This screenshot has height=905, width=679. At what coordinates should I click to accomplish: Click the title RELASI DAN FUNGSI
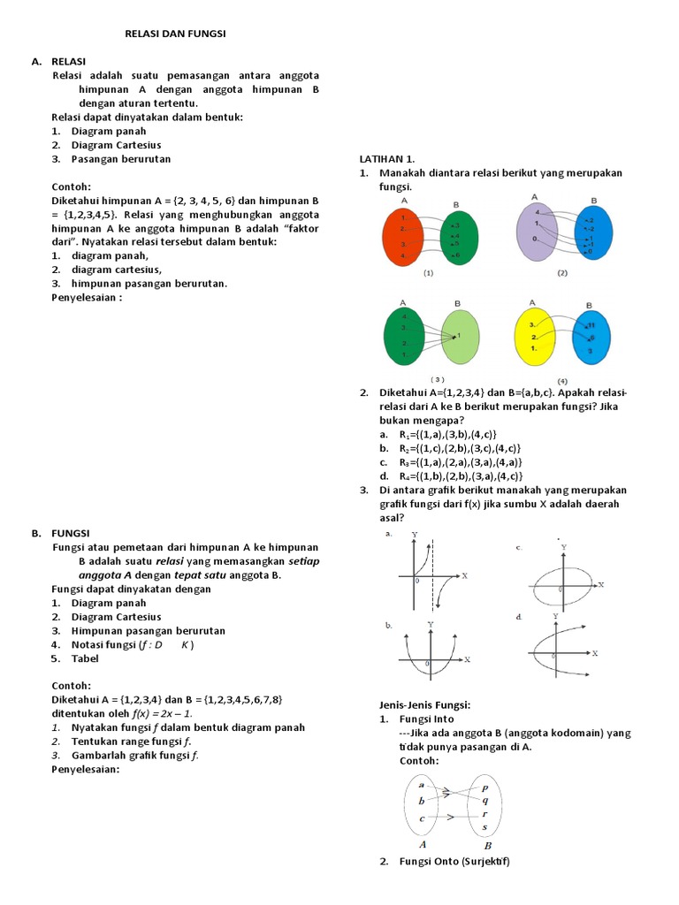click(174, 34)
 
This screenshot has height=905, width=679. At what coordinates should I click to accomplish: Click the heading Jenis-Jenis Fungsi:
click(424, 704)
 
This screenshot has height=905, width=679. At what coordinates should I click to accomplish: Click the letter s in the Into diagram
click(484, 827)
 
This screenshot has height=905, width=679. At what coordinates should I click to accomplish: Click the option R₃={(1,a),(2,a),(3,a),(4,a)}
click(449, 462)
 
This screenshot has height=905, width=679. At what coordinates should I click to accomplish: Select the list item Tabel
click(85, 658)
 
